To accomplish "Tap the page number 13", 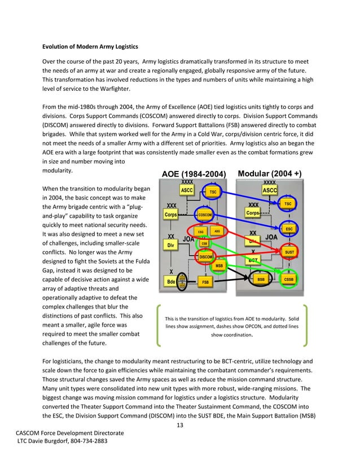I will pos(180,425).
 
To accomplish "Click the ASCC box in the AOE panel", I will pos(187,191).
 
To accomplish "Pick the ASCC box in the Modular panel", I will pos(270,191).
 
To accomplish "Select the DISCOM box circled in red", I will pos(205,257).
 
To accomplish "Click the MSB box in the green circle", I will pos(219,265).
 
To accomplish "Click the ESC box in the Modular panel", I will pos(288,229).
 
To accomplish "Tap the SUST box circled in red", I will pos(289,252).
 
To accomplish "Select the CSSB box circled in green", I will pos(288,279).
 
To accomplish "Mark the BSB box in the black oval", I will pos(261,279).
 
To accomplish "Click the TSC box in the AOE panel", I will pos(213,192).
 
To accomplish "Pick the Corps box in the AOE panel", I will pos(170,215).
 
